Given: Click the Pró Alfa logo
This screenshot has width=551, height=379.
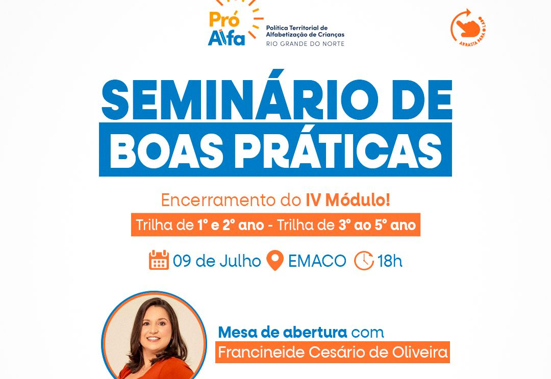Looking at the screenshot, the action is click(x=235, y=24).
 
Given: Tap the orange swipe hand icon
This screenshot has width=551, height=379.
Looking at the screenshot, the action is click(x=467, y=27).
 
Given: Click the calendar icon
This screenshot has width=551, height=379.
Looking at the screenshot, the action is click(x=159, y=260).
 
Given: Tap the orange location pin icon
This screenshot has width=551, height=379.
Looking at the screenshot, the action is click(x=275, y=260).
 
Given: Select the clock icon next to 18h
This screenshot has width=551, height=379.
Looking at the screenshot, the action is click(x=364, y=261).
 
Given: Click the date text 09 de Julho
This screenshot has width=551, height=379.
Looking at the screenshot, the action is click(x=217, y=261).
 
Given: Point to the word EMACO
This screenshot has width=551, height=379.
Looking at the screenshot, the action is click(x=317, y=261).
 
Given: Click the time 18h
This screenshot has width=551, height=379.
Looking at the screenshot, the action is click(x=390, y=261).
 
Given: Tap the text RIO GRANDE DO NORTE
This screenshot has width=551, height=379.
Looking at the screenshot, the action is click(x=305, y=44).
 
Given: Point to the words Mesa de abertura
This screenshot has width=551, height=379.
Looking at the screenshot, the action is click(x=283, y=332).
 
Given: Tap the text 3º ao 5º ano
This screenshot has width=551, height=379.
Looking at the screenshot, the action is click(x=377, y=225).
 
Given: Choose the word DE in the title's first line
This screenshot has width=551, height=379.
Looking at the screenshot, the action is click(x=422, y=100).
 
